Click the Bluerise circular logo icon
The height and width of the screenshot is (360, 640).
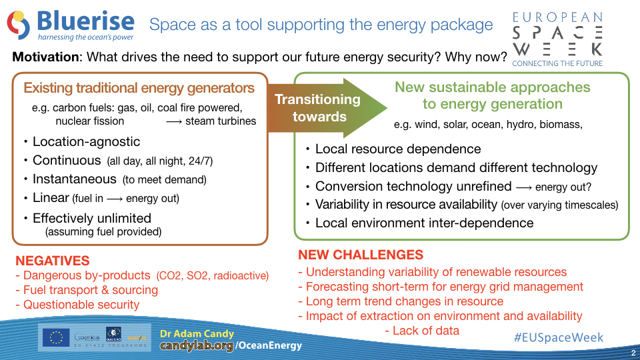click(19, 25)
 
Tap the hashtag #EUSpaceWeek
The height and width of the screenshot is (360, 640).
click(559, 337)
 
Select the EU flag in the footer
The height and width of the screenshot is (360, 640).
click(56, 337)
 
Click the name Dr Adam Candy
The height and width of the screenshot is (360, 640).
click(197, 333)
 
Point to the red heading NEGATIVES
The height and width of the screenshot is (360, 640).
click(53, 261)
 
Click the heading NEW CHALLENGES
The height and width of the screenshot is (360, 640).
click(361, 255)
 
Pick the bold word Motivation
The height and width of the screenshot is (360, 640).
click(46, 57)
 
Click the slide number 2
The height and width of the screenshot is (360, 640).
click(633, 353)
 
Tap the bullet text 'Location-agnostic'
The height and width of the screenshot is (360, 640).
click(86, 141)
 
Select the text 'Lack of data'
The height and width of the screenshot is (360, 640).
click(426, 331)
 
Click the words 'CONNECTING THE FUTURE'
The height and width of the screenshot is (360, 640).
click(557, 64)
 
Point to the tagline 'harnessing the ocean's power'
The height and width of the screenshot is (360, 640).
click(86, 37)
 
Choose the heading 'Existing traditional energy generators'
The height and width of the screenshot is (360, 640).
click(139, 88)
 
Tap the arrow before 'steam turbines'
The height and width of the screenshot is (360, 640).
click(174, 121)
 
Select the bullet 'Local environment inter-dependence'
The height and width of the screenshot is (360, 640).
click(425, 223)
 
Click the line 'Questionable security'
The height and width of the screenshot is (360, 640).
click(81, 305)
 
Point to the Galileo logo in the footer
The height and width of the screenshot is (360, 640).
click(113, 333)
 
